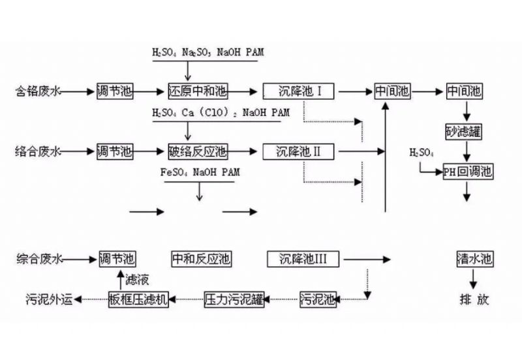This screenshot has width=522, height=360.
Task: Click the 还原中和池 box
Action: click(197, 91)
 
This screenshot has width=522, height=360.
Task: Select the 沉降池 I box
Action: click(299, 91)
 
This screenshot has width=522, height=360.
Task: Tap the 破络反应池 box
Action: click(197, 152)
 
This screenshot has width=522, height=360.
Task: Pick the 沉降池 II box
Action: click(299, 152)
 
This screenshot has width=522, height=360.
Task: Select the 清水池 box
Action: click(474, 259)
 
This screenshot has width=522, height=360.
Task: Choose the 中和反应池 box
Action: click(200, 259)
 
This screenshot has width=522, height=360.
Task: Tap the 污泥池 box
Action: click(318, 299)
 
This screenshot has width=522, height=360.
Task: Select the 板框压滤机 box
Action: click(138, 299)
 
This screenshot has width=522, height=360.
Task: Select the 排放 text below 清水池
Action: click(474, 299)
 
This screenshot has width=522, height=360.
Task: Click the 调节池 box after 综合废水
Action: click(117, 259)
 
